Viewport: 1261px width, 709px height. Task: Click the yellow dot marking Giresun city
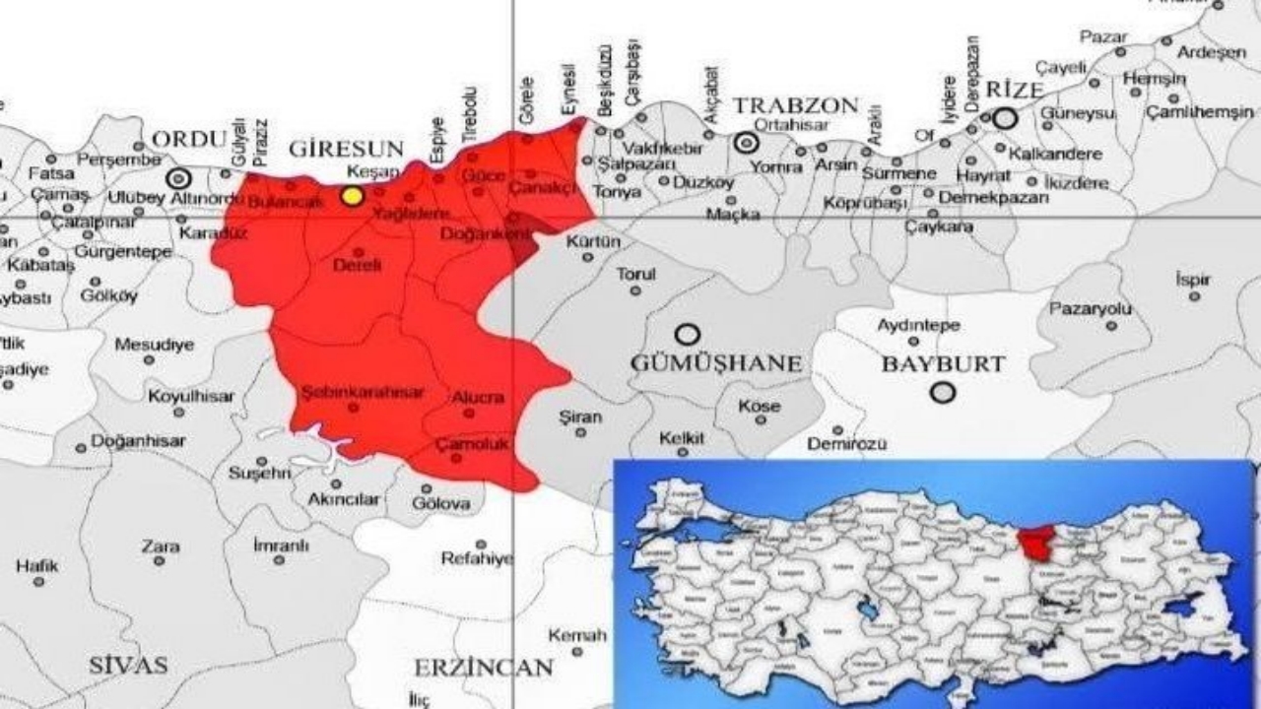352,195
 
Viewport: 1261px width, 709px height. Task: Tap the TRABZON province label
795,105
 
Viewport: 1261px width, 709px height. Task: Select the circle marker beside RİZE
1004,119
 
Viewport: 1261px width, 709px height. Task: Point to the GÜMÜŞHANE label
716,363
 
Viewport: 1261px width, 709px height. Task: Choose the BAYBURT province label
943,363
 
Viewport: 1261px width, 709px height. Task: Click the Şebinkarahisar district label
363,392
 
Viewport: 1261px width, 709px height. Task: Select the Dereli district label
357,265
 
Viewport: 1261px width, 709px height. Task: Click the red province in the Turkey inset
1035,540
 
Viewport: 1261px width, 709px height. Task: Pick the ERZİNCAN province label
483,668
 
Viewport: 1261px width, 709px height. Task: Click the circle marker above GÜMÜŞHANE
687,334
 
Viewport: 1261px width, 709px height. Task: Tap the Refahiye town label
477,558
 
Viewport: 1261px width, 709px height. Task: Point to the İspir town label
1192,279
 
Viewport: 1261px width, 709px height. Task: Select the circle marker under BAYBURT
943,393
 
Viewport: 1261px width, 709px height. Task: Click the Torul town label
635,274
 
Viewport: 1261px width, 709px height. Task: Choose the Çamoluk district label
472,444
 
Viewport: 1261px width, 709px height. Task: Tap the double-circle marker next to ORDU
178,178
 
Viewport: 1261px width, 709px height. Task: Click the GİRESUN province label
346,149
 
